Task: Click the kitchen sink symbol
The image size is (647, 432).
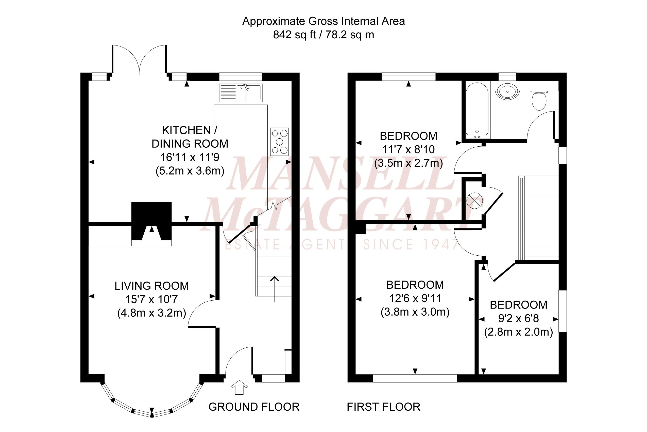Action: pyautogui.click(x=241, y=92)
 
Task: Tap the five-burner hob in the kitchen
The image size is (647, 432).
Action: pyautogui.click(x=279, y=142)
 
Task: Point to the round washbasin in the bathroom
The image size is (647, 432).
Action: pyautogui.click(x=507, y=91)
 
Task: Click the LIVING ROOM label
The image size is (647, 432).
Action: pyautogui.click(x=151, y=286)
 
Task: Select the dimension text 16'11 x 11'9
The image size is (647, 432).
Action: pyautogui.click(x=190, y=157)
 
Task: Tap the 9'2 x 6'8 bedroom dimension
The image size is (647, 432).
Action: pyautogui.click(x=519, y=318)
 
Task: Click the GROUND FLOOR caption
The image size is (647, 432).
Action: pyautogui.click(x=254, y=407)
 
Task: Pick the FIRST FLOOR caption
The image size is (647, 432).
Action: pyautogui.click(x=383, y=407)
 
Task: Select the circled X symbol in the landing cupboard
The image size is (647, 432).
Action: pyautogui.click(x=474, y=200)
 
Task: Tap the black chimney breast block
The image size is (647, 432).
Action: pyautogui.click(x=151, y=220)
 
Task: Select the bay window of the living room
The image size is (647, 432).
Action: pyautogui.click(x=151, y=404)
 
